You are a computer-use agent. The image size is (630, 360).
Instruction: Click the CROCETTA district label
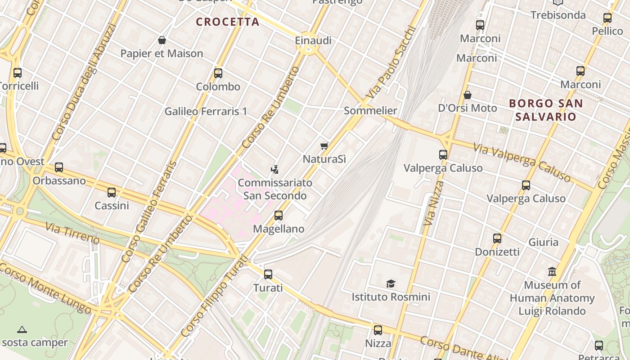pos(228,22)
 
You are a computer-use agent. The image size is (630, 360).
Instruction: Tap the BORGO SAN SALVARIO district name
pos(546,110)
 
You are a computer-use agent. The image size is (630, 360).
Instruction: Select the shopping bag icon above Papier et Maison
pos(162,40)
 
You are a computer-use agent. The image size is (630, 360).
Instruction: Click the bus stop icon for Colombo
pos(218,73)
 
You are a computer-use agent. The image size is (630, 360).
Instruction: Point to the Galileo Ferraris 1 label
pos(206,111)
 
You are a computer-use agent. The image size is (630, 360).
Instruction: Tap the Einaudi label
pos(313,40)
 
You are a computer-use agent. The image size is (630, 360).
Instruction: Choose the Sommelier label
pos(370,111)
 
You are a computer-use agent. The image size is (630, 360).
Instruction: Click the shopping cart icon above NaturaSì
pos(324,146)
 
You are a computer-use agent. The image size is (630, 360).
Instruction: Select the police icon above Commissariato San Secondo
pos(274,170)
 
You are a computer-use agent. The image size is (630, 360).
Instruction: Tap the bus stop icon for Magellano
pos(279,216)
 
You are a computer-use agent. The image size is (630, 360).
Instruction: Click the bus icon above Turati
pos(268,274)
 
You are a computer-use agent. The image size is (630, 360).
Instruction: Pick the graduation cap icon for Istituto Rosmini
pos(391,284)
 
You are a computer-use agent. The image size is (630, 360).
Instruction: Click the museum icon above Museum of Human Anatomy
pos(552,272)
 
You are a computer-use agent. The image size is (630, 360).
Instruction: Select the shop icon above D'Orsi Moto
pos(468,95)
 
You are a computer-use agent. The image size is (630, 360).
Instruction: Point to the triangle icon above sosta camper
pos(22,329)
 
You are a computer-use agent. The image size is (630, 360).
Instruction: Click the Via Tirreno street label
pos(72,232)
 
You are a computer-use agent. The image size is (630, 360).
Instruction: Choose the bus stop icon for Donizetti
pos(497,238)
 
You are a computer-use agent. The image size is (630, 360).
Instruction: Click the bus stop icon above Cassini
pos(112,193)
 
